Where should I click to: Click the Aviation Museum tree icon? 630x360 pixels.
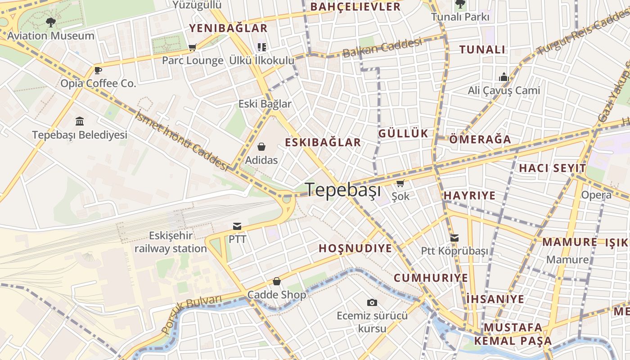pos(51,22)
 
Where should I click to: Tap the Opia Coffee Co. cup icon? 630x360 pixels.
pos(98,70)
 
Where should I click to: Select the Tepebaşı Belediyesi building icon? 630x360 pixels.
pos(80,121)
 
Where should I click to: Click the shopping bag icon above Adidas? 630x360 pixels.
pos(261,147)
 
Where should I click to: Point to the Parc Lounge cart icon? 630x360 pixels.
pos(193,47)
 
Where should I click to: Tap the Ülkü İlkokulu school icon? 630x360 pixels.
pos(261,47)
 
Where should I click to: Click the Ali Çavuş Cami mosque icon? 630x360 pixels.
pos(504,77)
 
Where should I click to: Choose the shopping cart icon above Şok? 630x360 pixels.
pos(400,183)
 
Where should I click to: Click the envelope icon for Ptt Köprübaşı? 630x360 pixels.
pos(454,238)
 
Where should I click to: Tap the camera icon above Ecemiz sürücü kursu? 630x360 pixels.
pos(372,302)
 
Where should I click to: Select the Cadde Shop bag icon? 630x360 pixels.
pos(276,281)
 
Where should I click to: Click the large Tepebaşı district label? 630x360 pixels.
pos(343,190)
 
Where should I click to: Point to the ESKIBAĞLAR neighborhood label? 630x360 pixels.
pos(323,143)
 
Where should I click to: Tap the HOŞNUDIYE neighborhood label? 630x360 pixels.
pos(355,248)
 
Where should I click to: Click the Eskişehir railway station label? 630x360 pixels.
pos(171,242)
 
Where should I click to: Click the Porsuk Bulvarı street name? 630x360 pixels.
pos(192,314)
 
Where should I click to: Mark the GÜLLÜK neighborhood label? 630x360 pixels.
pos(403,133)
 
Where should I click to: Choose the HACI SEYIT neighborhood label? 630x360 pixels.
pos(553,168)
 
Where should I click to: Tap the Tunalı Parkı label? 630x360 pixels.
pos(460,17)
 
